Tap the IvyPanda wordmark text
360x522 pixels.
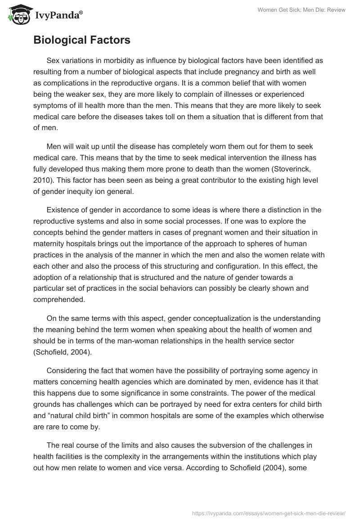(57, 15)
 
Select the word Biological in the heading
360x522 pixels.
(60, 40)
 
